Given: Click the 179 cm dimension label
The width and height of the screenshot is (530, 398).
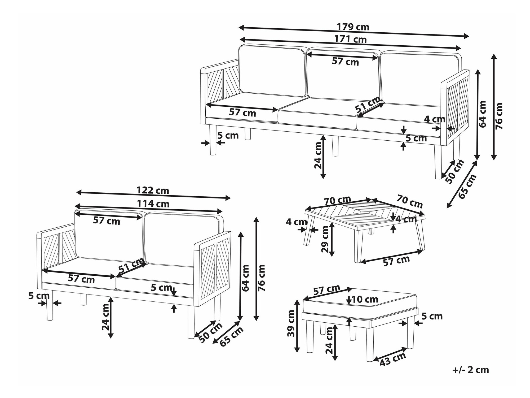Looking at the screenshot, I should coord(353,27).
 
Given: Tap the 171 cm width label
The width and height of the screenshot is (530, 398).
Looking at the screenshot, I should coord(350,39).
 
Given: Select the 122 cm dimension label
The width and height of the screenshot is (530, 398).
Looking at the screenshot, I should coord(153,190).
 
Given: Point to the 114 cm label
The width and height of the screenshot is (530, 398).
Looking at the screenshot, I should coord(153,204).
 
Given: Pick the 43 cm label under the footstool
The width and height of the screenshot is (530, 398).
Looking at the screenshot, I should coord(393,359).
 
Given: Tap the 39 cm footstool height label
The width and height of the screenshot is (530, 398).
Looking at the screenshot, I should coord(291,327).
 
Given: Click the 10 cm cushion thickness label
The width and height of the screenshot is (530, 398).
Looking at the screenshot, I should coord(365,300).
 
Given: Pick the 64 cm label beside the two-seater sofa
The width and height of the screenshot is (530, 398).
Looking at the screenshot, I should coord(246,278).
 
